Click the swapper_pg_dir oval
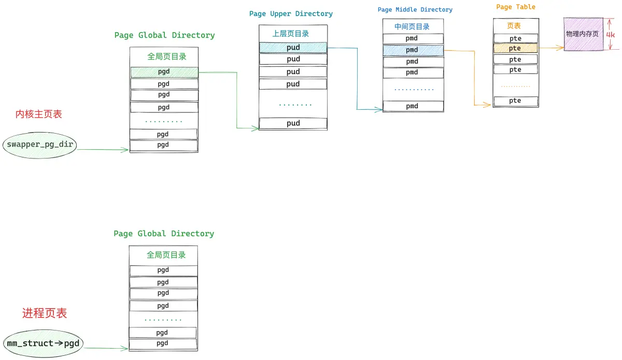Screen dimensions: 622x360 pos(39,145)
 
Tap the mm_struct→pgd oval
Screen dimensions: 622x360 pos(43,343)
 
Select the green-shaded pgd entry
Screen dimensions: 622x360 pos(164,72)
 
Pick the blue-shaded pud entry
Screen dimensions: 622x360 pos(293,48)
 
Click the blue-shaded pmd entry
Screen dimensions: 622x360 pos(413,50)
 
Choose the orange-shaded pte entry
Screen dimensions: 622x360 pos(516,48)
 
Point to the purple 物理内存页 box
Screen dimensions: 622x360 pos(583,34)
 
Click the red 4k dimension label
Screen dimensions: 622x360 pos(611,35)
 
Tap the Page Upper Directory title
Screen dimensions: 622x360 pos(291,14)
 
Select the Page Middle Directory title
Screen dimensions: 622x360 pos(415,10)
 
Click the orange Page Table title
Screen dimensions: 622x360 pos(516,7)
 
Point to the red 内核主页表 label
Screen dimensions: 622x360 pos(38,114)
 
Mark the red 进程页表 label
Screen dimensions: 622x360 pos(45,313)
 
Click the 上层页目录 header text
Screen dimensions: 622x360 pos(291,34)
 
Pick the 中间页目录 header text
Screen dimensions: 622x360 pos(412,26)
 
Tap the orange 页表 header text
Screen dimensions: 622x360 pos(514,26)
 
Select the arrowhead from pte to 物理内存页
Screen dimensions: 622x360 pos(560,48)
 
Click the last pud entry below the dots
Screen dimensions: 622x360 pos(293,123)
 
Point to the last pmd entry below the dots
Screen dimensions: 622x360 pos(413,106)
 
